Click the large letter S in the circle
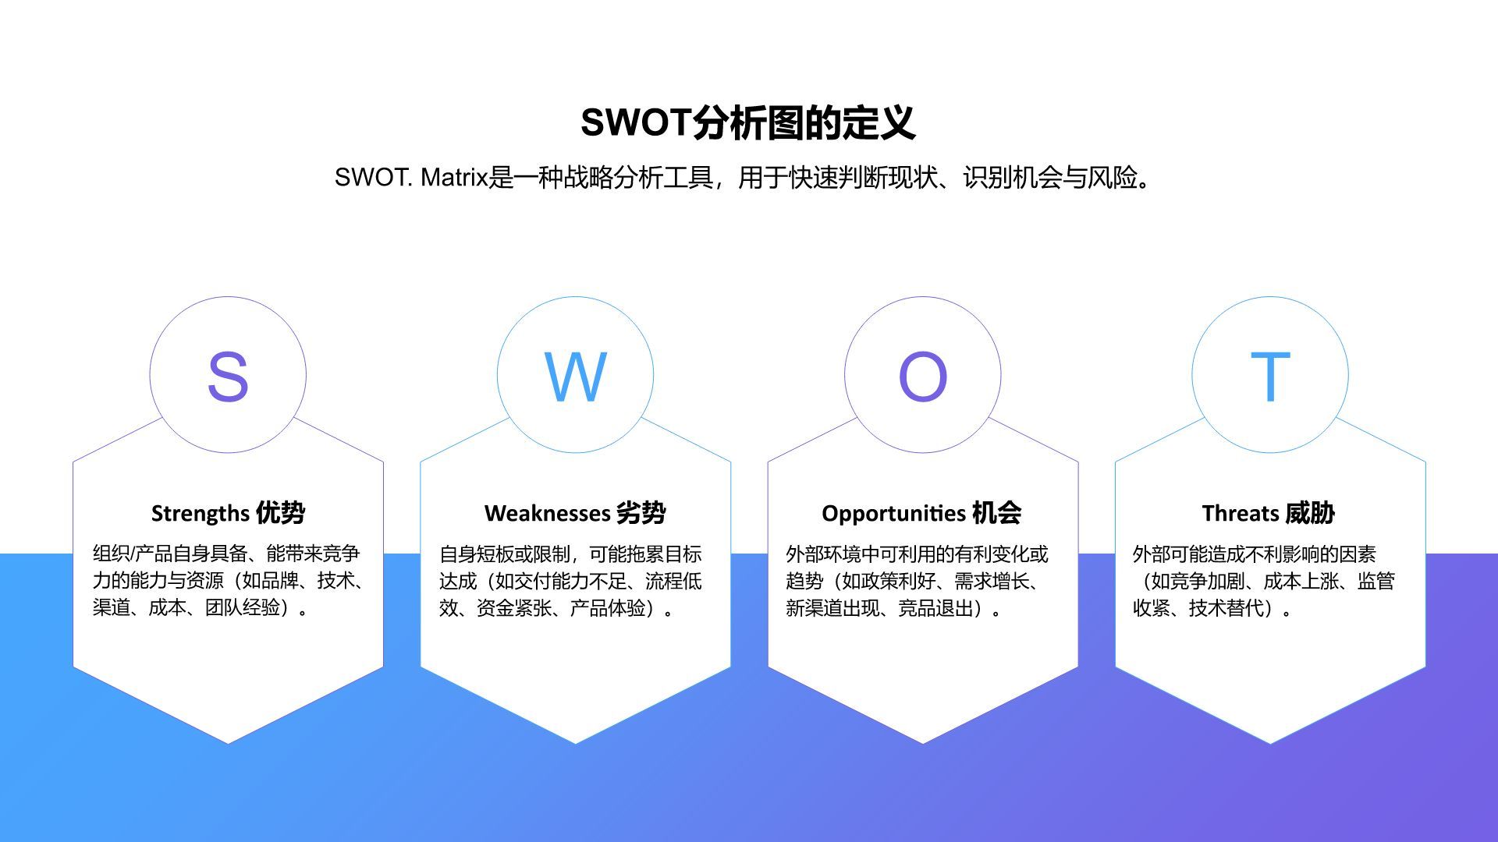point(228,377)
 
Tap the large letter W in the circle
point(575,377)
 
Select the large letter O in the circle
point(922,377)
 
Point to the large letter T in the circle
point(1270,377)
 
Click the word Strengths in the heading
point(200,514)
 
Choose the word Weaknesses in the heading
point(547,514)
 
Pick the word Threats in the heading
point(1241,514)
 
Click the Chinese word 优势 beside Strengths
point(281,513)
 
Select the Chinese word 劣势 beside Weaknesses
point(641,513)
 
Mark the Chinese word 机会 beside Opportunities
point(997,513)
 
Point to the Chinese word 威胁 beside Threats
point(1310,513)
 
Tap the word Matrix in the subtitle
point(454,178)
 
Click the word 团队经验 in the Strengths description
point(242,608)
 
